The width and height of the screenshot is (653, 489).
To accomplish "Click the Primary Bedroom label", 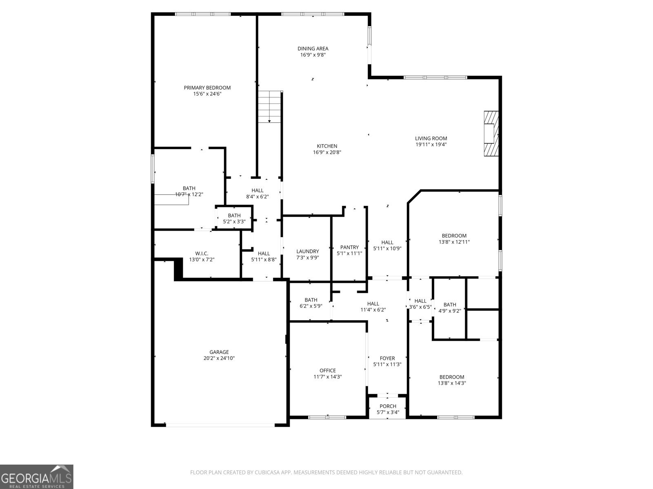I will click(x=207, y=88).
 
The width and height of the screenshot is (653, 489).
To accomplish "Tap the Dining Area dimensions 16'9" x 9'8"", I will click(x=313, y=55).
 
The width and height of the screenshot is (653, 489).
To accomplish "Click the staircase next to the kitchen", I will click(x=269, y=107).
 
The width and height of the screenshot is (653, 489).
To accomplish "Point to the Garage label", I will click(x=219, y=352).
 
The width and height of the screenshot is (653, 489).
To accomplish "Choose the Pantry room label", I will click(x=349, y=247).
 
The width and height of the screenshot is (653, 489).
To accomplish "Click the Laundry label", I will click(x=307, y=251).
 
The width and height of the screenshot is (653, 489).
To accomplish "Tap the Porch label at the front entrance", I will click(x=388, y=406).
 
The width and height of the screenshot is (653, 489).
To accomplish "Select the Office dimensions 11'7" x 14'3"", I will click(x=327, y=377).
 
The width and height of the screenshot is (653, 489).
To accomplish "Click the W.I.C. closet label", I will click(x=202, y=253).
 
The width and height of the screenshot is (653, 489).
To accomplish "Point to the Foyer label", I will click(x=387, y=358).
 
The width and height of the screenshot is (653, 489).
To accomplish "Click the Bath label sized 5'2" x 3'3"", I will click(x=234, y=216).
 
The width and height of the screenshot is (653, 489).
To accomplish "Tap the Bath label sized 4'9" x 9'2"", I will click(x=450, y=304).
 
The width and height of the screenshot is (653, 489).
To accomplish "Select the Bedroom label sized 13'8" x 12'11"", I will click(x=454, y=236).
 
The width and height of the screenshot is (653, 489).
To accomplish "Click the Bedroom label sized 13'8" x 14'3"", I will click(x=452, y=377).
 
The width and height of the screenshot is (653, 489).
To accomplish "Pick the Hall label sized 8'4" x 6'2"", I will click(x=258, y=190).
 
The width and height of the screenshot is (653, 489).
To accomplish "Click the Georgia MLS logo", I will click(x=36, y=476).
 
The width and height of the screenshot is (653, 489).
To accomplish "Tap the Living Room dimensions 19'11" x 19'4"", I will click(x=431, y=144).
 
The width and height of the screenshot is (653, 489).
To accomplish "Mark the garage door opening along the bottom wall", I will click(x=220, y=425).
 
